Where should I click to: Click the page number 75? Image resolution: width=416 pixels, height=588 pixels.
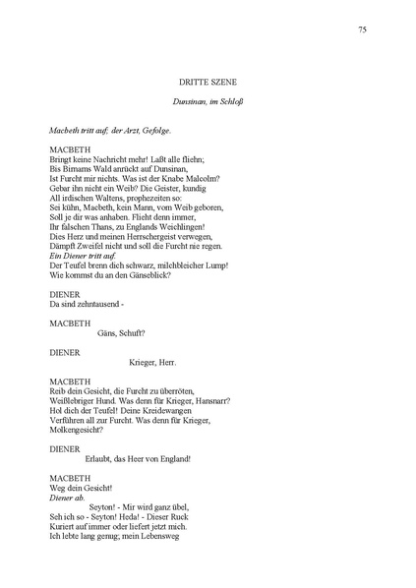coord(363,30)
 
